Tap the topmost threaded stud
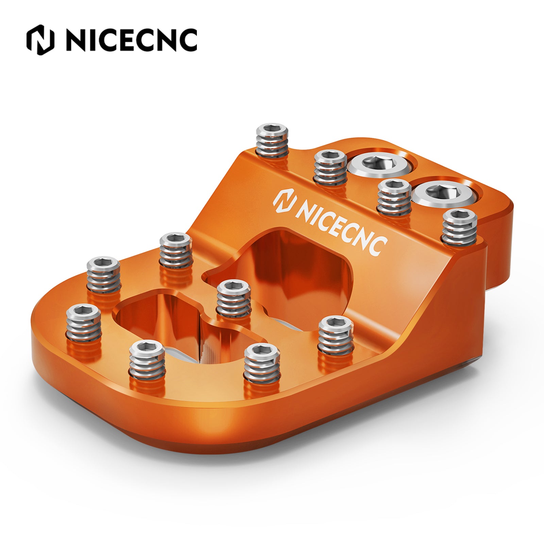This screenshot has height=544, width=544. (273, 141)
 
